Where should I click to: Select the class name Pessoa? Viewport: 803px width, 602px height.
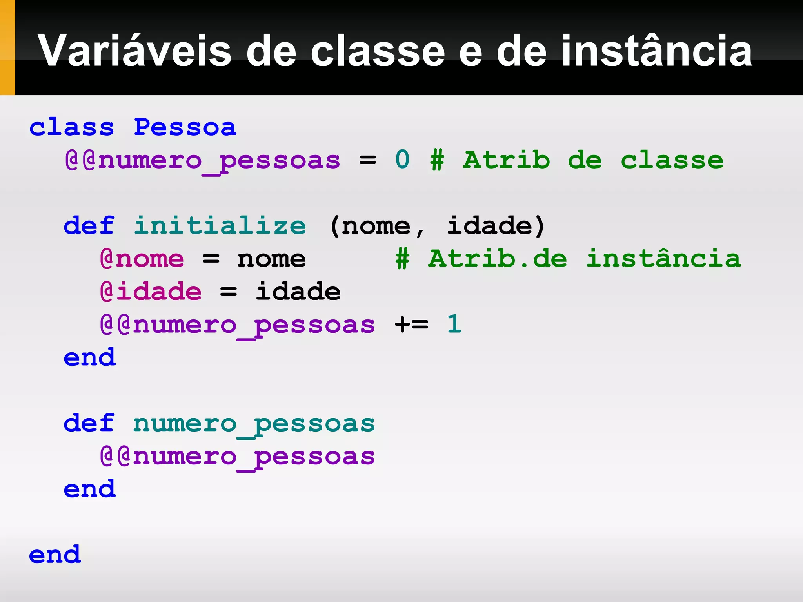click(x=185, y=127)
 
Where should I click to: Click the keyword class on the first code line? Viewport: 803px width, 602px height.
click(x=72, y=127)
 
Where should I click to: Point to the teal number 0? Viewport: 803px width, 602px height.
click(x=402, y=160)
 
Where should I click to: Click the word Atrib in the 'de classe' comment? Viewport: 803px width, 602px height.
click(x=506, y=160)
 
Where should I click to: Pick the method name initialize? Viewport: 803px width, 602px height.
click(x=220, y=226)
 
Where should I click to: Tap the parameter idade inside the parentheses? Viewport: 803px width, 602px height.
click(x=490, y=226)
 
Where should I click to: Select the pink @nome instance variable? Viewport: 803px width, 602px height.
click(x=142, y=259)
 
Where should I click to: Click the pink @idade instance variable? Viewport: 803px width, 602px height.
click(x=151, y=292)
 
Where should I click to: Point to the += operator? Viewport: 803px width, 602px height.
click(x=411, y=325)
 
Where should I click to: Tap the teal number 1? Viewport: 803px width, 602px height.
click(x=454, y=324)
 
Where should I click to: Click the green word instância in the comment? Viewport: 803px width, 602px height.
click(x=663, y=259)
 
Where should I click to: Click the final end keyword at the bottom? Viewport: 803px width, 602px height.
click(x=55, y=555)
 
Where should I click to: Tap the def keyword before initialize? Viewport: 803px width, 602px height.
click(x=89, y=226)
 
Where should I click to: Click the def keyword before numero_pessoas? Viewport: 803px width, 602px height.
click(x=89, y=423)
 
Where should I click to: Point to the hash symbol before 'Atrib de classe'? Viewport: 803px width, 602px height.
click(x=437, y=160)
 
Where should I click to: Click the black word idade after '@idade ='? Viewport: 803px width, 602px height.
click(x=298, y=292)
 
